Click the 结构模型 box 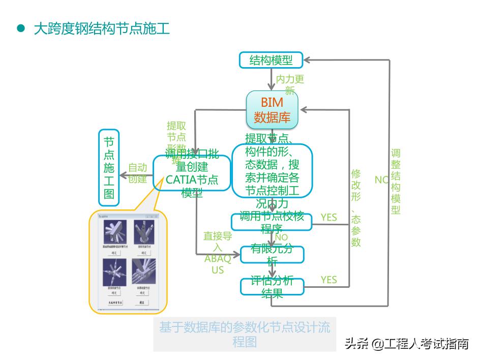click(x=271, y=60)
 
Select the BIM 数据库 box click(x=272, y=109)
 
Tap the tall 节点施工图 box click(x=109, y=167)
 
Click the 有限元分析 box click(x=272, y=255)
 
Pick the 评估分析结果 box click(x=272, y=287)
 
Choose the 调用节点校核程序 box click(x=272, y=222)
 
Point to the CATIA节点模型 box click(x=192, y=173)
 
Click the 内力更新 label click(x=290, y=84)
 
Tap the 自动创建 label click(x=137, y=173)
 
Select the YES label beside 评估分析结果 click(x=329, y=280)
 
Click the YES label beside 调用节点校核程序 click(x=329, y=218)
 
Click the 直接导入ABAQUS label click(x=218, y=253)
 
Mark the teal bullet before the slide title click(x=21, y=28)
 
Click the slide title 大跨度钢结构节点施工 click(x=102, y=28)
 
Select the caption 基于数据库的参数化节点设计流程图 click(x=245, y=334)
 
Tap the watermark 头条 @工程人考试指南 click(x=406, y=344)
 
